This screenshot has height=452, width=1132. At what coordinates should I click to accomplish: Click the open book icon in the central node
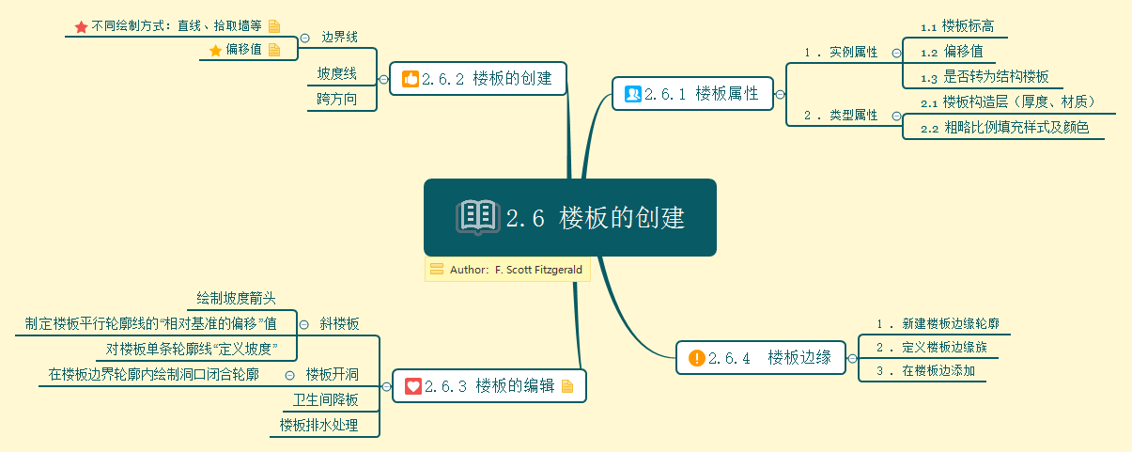pyautogui.click(x=478, y=217)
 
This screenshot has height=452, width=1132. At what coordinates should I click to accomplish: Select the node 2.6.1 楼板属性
pyautogui.click(x=693, y=93)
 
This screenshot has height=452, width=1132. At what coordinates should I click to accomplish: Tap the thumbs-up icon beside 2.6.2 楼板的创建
pyautogui.click(x=410, y=79)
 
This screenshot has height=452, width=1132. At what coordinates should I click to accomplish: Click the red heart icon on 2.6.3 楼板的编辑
pyautogui.click(x=412, y=386)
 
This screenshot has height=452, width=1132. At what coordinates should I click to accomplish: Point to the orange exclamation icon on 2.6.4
pyautogui.click(x=696, y=357)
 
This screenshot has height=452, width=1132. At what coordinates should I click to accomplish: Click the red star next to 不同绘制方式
pyautogui.click(x=81, y=27)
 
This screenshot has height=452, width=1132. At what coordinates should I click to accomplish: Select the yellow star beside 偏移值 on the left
pyautogui.click(x=215, y=51)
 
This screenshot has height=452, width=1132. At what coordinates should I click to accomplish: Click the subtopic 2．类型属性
pyautogui.click(x=840, y=116)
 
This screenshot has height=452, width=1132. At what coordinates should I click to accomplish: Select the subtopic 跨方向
pyautogui.click(x=337, y=99)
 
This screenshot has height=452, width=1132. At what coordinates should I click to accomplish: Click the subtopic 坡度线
pyautogui.click(x=336, y=73)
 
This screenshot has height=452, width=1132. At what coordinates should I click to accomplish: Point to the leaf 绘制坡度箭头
pyautogui.click(x=236, y=299)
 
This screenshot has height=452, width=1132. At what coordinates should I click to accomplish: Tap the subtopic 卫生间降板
pyautogui.click(x=326, y=400)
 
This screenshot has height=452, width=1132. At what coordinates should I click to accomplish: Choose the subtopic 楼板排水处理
pyautogui.click(x=318, y=426)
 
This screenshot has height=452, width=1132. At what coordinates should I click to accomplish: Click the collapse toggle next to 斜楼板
pyautogui.click(x=303, y=324)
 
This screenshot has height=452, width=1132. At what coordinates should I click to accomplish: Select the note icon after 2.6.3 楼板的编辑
pyautogui.click(x=566, y=386)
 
